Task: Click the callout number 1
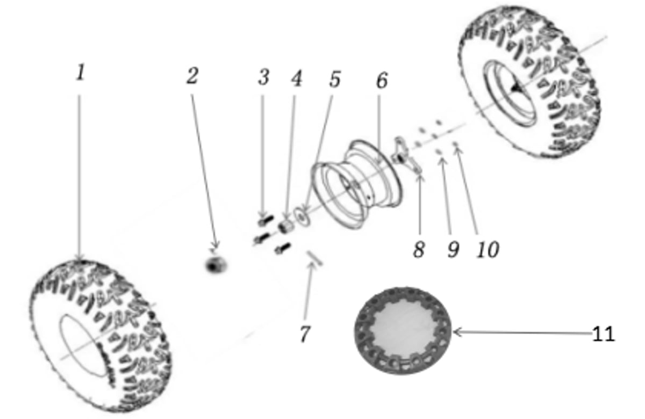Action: click(81, 72)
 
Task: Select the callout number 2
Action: click(192, 76)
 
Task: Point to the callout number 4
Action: click(297, 78)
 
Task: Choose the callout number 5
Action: click(335, 79)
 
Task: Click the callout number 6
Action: click(382, 80)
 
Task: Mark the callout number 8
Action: click(419, 249)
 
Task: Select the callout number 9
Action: click(453, 249)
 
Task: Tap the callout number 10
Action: click(488, 249)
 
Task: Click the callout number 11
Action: click(603, 334)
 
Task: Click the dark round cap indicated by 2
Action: click(216, 265)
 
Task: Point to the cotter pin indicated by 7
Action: click(315, 258)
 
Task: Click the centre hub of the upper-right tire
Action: click(515, 89)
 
